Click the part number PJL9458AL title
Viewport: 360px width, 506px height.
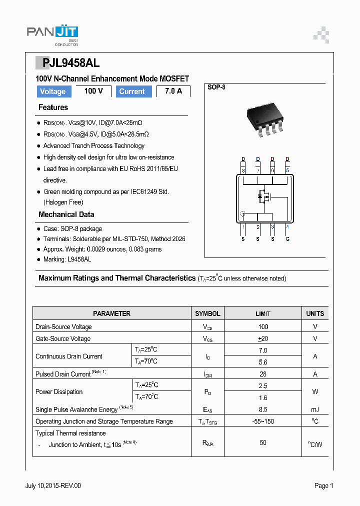[x=67, y=63]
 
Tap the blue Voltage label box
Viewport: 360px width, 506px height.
[x=52, y=91]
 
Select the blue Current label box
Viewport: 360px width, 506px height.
[x=132, y=91]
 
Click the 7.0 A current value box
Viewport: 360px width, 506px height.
[x=173, y=91]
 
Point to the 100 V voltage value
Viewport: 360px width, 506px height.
[x=93, y=91]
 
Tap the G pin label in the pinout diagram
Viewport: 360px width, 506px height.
[x=287, y=239]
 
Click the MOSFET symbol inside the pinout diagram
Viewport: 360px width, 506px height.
[x=264, y=197]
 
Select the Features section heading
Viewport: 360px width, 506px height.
[x=53, y=107]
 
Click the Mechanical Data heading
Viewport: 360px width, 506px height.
[x=66, y=214]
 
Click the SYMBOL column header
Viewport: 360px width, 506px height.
[x=207, y=313]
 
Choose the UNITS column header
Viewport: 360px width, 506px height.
[x=315, y=313]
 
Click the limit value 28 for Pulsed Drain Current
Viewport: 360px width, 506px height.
[x=263, y=374]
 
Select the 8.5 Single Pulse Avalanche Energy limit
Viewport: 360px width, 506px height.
[x=263, y=409]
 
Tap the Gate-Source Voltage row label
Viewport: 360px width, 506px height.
[x=63, y=338]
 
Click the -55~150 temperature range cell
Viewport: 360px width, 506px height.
[x=263, y=421]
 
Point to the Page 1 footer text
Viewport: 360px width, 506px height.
[x=323, y=485]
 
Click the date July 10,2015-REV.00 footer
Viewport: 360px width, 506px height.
[x=53, y=485]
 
